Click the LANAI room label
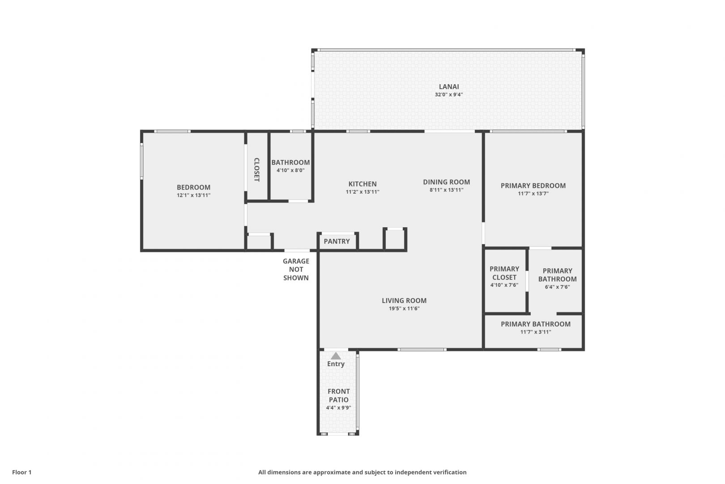pos(448,86)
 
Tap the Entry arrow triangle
pos(336,356)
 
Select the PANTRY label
pos(337,241)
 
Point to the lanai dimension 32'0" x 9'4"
pos(448,95)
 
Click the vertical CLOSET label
pos(257,169)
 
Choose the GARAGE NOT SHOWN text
pos(296,269)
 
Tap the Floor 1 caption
pos(21,472)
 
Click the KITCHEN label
pos(362,184)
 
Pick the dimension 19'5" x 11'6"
pos(404,308)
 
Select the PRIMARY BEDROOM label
pos(533,186)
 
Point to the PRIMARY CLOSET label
pos(504,273)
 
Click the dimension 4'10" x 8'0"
pos(290,170)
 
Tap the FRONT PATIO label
pos(338,396)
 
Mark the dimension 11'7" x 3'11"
pos(536,332)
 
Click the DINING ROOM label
pos(446,182)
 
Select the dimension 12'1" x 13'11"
pos(193,195)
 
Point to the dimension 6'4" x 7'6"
pos(557,286)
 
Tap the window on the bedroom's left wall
pos(141,161)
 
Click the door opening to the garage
pos(297,250)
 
